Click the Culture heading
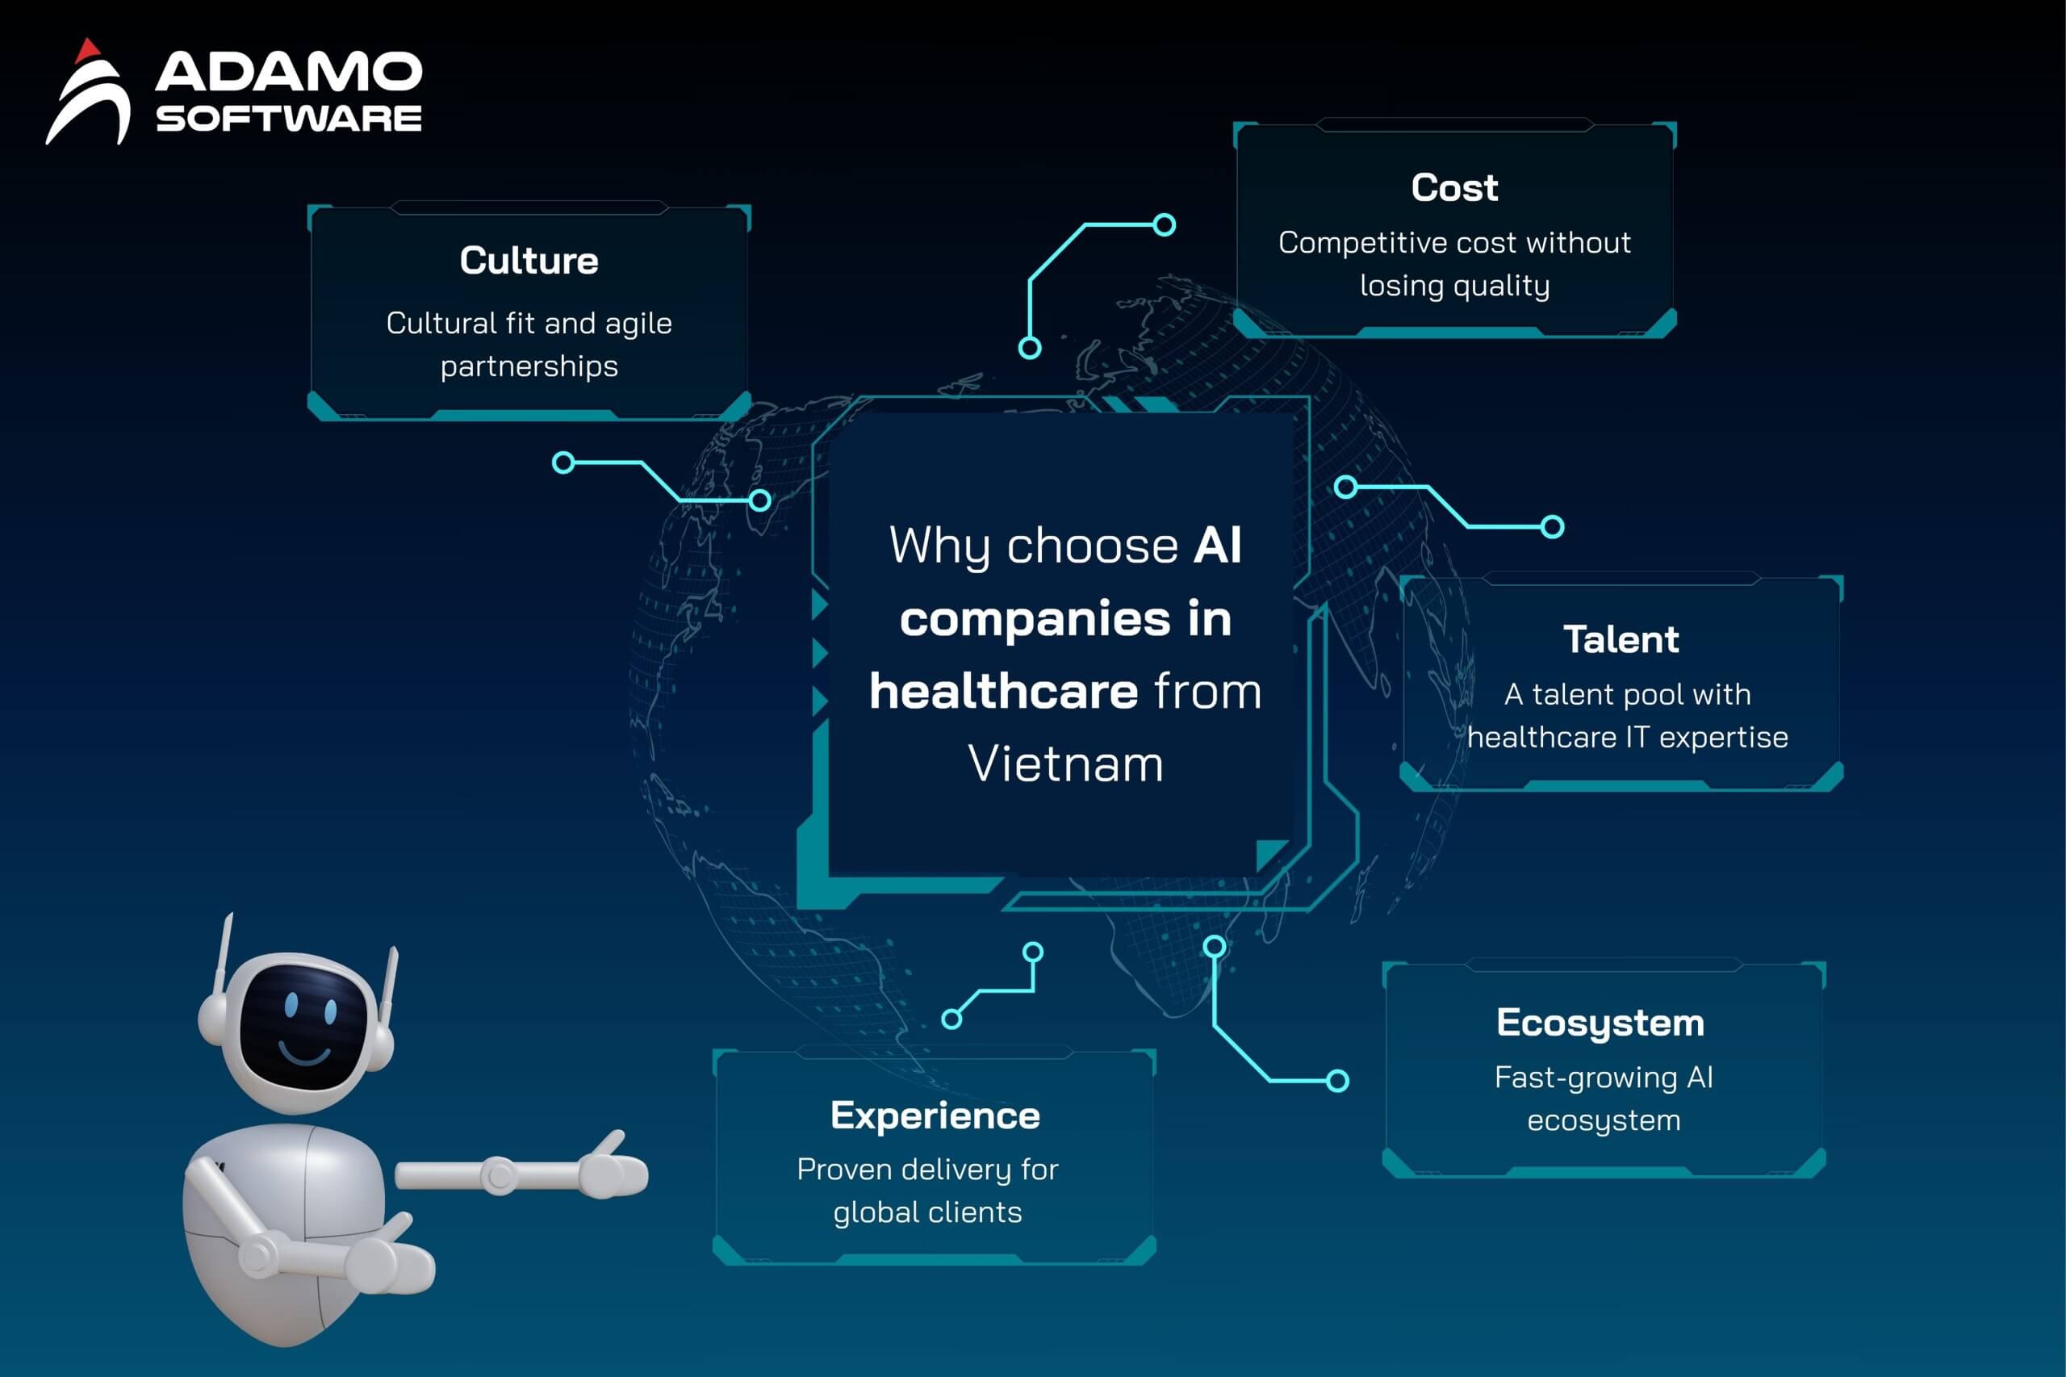(x=529, y=261)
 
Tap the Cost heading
(x=1454, y=188)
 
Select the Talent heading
(x=1621, y=639)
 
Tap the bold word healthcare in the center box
(x=1004, y=690)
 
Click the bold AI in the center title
(x=1217, y=546)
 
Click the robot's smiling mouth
(x=305, y=1050)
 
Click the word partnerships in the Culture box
(x=529, y=367)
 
